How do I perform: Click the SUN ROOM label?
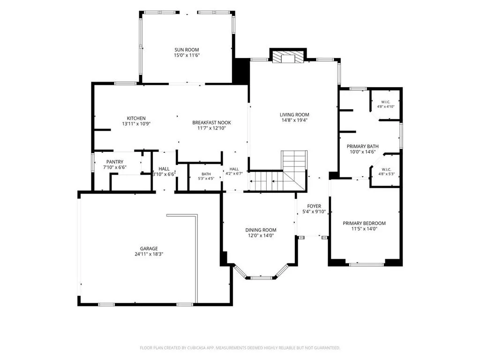(x=187, y=50)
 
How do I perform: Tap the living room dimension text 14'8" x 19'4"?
(x=294, y=120)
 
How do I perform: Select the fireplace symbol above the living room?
(x=288, y=57)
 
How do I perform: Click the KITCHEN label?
(x=136, y=118)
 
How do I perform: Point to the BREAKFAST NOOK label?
(x=211, y=122)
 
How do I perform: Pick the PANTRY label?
(x=115, y=162)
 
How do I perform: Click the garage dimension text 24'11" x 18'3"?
(x=149, y=254)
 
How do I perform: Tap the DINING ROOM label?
(x=261, y=230)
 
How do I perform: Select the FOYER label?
(x=314, y=206)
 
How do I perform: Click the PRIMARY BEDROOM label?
(x=364, y=223)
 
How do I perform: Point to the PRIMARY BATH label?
(x=363, y=146)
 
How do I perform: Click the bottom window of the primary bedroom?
(x=367, y=264)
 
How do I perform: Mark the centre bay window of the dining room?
(x=261, y=278)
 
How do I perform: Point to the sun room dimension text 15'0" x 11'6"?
(x=187, y=55)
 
